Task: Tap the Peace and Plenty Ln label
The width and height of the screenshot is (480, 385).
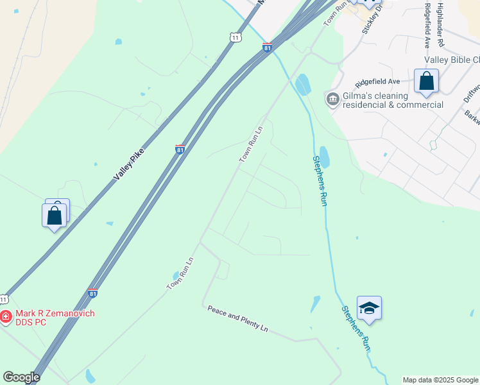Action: (x=237, y=318)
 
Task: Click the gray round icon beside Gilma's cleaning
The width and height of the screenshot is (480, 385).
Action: (x=332, y=98)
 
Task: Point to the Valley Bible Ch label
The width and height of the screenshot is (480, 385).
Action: (x=452, y=60)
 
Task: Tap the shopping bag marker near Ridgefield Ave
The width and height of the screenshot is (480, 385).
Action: (x=426, y=82)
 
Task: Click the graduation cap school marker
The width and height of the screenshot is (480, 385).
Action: (x=369, y=309)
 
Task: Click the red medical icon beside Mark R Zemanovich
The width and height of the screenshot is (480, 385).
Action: (x=6, y=316)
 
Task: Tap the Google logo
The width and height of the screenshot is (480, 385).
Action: (x=21, y=377)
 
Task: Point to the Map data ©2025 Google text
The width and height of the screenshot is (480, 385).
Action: (x=440, y=380)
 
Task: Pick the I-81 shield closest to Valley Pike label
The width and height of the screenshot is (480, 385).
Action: (x=180, y=149)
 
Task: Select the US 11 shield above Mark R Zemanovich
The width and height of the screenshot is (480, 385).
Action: (x=4, y=299)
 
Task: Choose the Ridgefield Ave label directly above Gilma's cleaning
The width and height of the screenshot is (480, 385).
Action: (x=379, y=81)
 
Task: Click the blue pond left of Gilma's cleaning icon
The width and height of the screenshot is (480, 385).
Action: (x=302, y=84)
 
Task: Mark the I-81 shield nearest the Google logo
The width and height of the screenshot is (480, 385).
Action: (x=93, y=293)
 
